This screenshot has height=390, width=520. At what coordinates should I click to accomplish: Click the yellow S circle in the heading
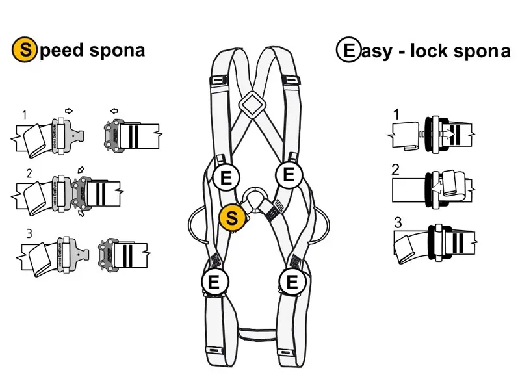(x=22, y=49)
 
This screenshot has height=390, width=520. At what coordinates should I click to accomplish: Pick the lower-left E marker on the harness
(x=214, y=281)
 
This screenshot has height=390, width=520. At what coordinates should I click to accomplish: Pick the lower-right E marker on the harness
(x=292, y=281)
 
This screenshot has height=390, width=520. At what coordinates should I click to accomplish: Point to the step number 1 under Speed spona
(x=25, y=115)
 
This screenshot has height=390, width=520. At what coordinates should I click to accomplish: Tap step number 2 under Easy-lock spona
(x=395, y=171)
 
